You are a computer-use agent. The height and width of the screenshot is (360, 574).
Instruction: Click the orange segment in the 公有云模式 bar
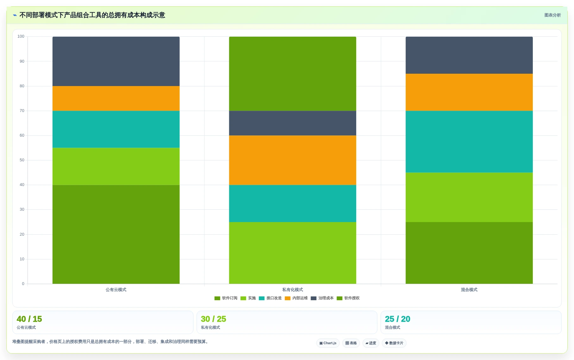(116, 98)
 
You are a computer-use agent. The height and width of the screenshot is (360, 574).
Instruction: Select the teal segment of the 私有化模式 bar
(293, 203)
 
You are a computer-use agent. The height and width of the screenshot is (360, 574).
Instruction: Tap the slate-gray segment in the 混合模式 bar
(469, 55)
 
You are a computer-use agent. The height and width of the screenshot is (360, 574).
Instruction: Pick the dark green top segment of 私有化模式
(293, 74)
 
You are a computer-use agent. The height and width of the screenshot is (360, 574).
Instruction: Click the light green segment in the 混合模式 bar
(469, 197)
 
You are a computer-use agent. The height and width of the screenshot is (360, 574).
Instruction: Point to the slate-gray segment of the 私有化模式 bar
(293, 123)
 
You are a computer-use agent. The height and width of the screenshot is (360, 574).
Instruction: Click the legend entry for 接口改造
(270, 298)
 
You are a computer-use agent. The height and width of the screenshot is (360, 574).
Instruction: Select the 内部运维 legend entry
(296, 298)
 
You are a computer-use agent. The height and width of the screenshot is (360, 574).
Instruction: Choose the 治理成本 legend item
(322, 298)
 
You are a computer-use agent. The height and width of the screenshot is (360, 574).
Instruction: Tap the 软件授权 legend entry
(348, 298)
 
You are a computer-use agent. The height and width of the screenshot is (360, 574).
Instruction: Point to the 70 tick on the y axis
(22, 111)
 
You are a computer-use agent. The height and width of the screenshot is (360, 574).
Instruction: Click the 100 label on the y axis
(21, 36)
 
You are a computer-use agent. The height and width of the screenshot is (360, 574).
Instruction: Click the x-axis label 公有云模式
(116, 290)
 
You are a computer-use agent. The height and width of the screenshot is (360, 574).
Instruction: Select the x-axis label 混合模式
(469, 290)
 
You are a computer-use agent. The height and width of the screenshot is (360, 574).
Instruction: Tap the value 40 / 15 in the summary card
(29, 319)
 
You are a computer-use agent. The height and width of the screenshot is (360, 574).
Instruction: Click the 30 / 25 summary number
(213, 319)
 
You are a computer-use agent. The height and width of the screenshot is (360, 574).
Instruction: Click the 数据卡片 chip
(394, 343)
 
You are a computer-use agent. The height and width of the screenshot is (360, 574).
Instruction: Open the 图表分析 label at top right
(552, 15)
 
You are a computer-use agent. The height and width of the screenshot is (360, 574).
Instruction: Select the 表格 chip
(351, 343)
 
